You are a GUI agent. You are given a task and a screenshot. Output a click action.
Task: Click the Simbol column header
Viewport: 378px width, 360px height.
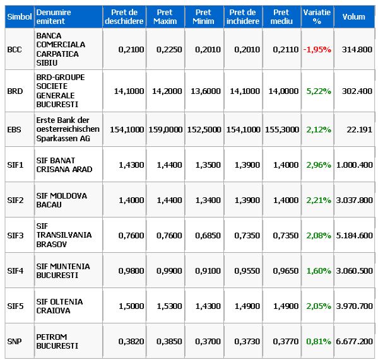click(x=20, y=16)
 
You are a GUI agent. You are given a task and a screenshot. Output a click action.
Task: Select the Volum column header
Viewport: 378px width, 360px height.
click(x=353, y=16)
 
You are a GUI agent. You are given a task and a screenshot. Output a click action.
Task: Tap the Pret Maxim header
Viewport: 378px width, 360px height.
click(x=165, y=16)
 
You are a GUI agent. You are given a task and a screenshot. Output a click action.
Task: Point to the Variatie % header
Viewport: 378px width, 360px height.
click(x=317, y=16)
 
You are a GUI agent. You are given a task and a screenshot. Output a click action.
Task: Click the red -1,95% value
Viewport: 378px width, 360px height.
click(x=317, y=49)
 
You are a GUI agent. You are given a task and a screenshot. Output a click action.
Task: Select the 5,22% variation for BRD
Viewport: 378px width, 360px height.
click(x=319, y=91)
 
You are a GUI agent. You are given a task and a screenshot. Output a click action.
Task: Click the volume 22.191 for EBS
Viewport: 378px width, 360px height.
click(x=360, y=129)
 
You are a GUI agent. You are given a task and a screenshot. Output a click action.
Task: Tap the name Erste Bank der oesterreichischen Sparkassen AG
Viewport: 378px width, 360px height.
click(x=68, y=129)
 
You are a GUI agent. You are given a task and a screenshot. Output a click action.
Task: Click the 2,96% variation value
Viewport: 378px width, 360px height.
click(x=319, y=165)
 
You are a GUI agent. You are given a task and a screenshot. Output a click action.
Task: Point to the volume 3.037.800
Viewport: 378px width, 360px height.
click(x=355, y=200)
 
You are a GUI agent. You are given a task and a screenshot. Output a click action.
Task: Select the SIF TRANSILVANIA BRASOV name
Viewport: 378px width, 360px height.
click(x=64, y=235)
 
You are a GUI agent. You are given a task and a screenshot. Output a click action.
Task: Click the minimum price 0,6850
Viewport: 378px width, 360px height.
click(x=208, y=235)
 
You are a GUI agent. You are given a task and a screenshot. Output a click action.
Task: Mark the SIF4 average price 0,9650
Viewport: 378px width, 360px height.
click(x=286, y=270)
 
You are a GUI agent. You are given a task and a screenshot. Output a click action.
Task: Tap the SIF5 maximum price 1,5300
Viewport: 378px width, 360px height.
click(x=169, y=306)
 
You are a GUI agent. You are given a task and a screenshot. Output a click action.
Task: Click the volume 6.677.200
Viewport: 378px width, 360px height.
click(x=355, y=341)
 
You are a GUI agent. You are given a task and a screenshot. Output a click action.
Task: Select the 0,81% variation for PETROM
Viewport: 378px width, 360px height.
click(x=319, y=341)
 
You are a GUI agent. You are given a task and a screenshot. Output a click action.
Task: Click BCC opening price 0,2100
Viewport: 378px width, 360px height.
click(x=131, y=49)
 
